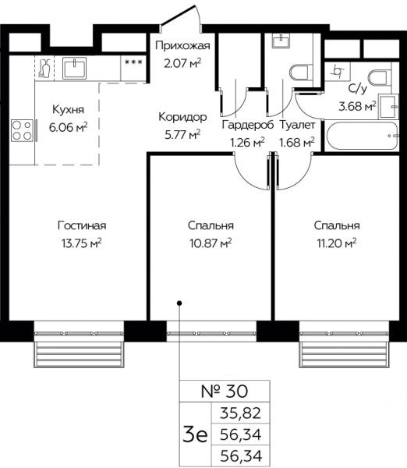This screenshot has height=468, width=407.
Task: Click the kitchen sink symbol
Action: tap(74, 68)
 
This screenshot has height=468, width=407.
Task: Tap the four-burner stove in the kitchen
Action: tap(22, 130)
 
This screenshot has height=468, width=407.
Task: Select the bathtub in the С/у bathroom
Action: tap(363, 136)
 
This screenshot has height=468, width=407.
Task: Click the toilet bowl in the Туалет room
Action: tap(299, 72)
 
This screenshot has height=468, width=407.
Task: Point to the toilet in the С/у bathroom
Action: tap(379, 78)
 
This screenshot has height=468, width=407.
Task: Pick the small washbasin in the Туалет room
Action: tap(281, 41)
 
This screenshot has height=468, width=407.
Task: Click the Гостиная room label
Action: tap(82, 225)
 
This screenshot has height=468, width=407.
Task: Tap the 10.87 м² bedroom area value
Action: tap(211, 243)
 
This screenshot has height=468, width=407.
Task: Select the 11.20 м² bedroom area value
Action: tap(337, 243)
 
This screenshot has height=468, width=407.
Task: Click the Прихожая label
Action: tap(182, 46)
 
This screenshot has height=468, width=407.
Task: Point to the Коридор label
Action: tap(182, 117)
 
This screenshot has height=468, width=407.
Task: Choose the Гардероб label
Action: tap(248, 125)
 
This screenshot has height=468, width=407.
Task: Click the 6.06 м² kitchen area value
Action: tap(69, 127)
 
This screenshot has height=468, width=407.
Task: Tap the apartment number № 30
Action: tap(225, 392)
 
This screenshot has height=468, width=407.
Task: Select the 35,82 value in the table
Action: tap(240, 413)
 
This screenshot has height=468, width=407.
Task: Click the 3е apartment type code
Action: tap(195, 434)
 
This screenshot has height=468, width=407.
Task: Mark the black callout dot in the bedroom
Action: tap(179, 303)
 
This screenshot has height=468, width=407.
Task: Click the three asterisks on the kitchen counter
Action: tap(133, 62)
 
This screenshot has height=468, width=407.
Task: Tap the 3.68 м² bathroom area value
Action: tap(357, 106)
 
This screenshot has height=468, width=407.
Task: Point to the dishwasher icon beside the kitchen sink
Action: tap(44, 69)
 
